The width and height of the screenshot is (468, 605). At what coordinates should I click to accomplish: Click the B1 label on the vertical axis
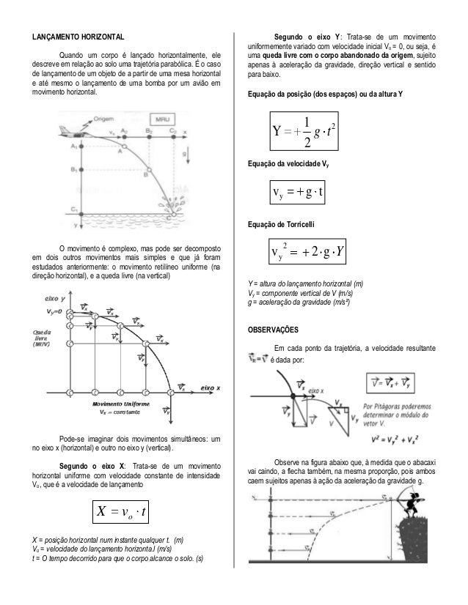pyautogui.click(x=74, y=170)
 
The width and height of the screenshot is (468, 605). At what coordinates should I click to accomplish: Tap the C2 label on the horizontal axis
pyautogui.click(x=173, y=130)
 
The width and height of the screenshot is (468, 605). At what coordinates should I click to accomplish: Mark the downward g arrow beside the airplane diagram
pyautogui.click(x=192, y=154)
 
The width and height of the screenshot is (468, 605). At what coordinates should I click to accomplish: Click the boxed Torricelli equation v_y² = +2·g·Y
pyautogui.click(x=309, y=253)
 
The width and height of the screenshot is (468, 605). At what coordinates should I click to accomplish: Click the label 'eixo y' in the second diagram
pyautogui.click(x=58, y=299)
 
